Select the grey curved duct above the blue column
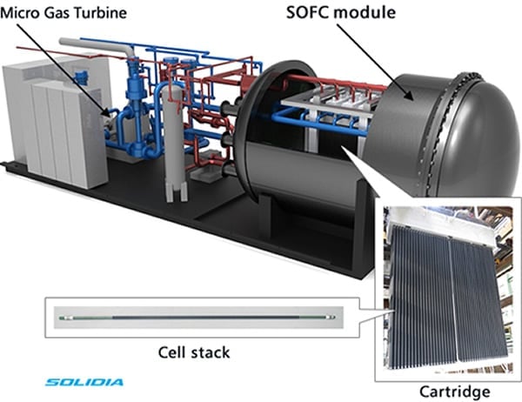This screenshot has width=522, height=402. click(122, 51)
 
